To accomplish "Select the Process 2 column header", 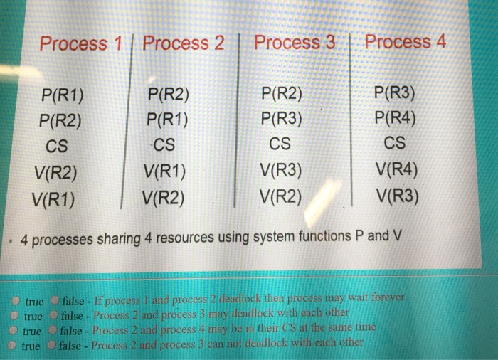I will (184, 43).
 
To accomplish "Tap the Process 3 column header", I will (294, 43).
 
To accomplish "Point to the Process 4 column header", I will (405, 42).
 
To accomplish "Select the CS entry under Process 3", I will (281, 144).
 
